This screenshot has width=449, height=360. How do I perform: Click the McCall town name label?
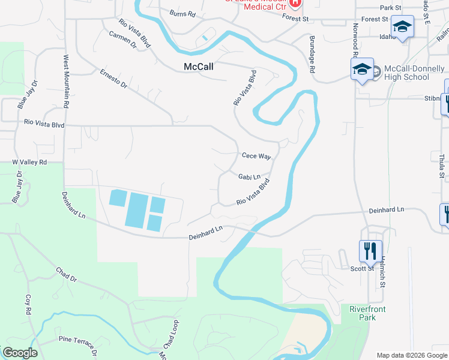click(x=199, y=67)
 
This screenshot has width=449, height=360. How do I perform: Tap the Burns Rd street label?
click(x=182, y=13)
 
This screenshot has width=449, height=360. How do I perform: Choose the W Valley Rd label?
click(x=29, y=163)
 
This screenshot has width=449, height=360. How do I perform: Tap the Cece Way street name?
click(x=256, y=156)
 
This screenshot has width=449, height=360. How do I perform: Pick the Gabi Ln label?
click(x=249, y=177)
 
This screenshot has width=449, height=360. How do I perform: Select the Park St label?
click(x=390, y=8)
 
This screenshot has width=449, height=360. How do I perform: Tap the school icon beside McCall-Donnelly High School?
click(x=362, y=70)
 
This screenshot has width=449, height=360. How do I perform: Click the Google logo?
click(x=20, y=353)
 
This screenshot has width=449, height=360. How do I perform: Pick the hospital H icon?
click(x=294, y=3)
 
